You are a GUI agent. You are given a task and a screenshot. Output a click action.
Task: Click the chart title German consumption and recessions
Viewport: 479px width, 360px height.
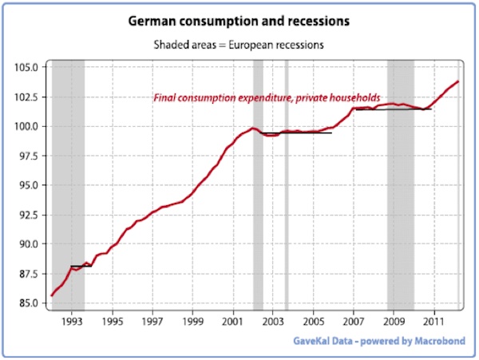click(239, 19)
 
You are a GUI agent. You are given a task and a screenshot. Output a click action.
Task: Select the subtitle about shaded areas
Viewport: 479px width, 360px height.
click(239, 45)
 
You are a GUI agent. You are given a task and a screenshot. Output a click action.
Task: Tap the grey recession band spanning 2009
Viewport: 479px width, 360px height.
click(400, 200)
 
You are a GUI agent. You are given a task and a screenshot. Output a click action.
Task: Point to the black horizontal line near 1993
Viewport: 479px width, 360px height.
click(81, 266)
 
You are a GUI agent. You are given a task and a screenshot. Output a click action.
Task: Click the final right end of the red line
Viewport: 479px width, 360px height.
click(458, 81)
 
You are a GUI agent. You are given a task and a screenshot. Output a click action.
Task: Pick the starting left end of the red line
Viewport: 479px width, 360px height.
click(52, 295)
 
